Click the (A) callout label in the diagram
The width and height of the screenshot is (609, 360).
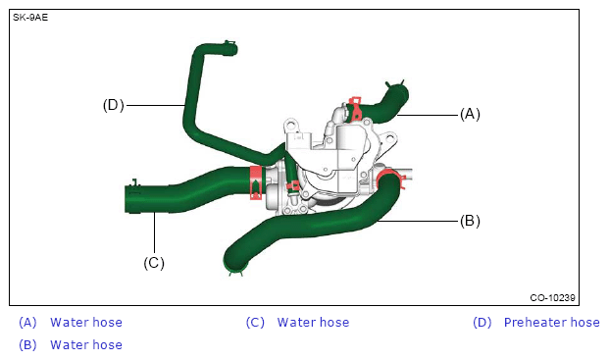pyautogui.click(x=470, y=114)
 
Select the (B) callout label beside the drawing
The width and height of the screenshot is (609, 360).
pyautogui.click(x=470, y=221)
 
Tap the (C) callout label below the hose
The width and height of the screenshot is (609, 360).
pyautogui.click(x=154, y=263)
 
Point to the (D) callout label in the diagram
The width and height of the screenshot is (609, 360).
pyautogui.click(x=114, y=105)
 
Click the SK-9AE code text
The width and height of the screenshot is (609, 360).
pyautogui.click(x=30, y=18)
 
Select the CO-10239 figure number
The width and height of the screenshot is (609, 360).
pyautogui.click(x=552, y=298)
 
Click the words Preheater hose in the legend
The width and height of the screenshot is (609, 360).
pyautogui.click(x=551, y=323)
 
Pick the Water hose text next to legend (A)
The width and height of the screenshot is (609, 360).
pyautogui.click(x=86, y=323)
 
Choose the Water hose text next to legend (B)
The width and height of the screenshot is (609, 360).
pyautogui.click(x=86, y=345)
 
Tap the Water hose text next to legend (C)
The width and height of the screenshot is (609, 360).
pyautogui.click(x=313, y=323)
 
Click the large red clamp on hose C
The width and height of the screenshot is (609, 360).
pyautogui.click(x=256, y=182)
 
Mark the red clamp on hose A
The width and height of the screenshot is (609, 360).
pyautogui.click(x=355, y=109)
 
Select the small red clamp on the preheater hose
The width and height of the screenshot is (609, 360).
pyautogui.click(x=293, y=187)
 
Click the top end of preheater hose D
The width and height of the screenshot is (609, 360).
pyautogui.click(x=229, y=48)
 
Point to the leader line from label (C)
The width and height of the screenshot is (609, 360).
pyautogui.click(x=154, y=233)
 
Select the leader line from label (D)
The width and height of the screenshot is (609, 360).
pyautogui.click(x=155, y=105)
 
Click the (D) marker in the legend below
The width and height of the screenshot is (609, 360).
pyautogui.click(x=482, y=323)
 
